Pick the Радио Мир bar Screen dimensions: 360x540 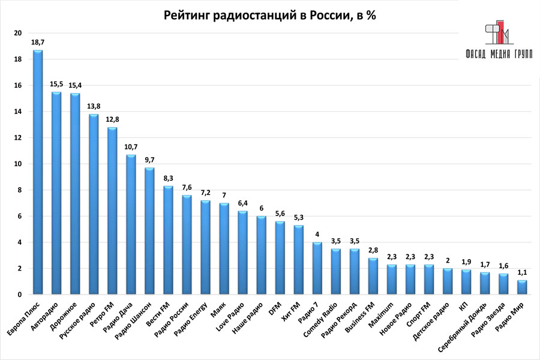pyautogui.click(x=522, y=287)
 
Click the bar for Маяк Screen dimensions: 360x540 pyautogui.click(x=224, y=249)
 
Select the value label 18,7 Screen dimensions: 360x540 pyautogui.click(x=37, y=43)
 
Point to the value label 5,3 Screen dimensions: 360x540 pyautogui.click(x=298, y=218)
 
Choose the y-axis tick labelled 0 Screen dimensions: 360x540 pyautogui.click(x=20, y=295)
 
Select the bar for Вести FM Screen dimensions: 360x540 pyautogui.click(x=168, y=241)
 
